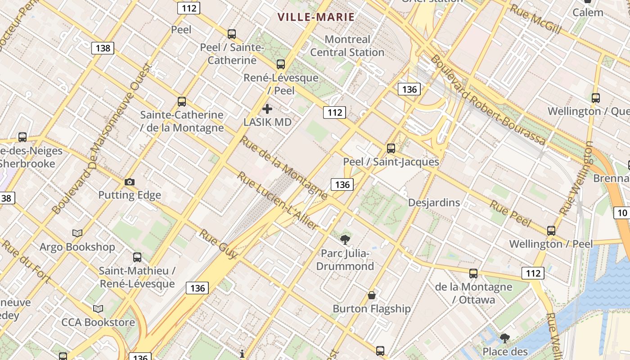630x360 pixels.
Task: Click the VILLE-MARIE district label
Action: [316, 17]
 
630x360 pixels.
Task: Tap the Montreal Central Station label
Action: [347, 46]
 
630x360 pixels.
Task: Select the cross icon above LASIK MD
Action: [267, 109]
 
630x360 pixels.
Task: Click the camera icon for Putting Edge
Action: [130, 182]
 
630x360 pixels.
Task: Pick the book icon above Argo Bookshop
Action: [77, 233]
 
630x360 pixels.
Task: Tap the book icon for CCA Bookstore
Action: [98, 309]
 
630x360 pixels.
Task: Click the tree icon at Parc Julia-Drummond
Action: [345, 239]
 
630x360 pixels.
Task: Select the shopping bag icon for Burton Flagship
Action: [372, 295]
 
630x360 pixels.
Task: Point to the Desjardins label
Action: [434, 202]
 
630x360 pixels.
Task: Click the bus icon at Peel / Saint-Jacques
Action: [391, 148]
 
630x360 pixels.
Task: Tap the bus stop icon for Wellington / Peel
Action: [551, 230]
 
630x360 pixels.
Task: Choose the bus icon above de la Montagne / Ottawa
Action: [473, 273]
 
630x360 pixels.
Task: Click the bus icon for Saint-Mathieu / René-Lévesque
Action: [137, 257]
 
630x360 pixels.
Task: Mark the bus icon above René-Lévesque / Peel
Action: [281, 64]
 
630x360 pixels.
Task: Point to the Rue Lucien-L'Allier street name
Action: [278, 201]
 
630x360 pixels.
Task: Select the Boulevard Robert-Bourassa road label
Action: [488, 100]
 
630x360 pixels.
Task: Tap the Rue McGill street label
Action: [535, 19]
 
